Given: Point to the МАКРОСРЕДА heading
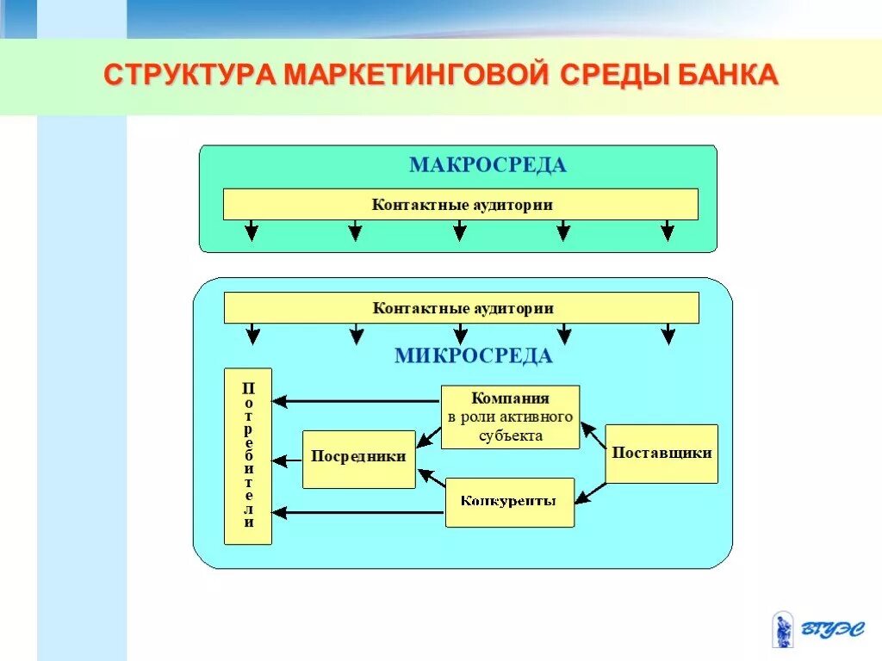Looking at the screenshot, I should click(488, 165).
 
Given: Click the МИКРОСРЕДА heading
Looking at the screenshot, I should click(474, 355).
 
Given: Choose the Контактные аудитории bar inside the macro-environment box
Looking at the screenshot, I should click(461, 205).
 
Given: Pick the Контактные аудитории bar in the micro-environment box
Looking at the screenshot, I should click(462, 308).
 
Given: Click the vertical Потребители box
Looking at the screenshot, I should click(248, 456).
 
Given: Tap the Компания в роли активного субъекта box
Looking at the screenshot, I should click(510, 417).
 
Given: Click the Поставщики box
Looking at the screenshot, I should click(661, 453).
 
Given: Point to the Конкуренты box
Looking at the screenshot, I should click(509, 502).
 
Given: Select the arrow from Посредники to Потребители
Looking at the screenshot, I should click(288, 460).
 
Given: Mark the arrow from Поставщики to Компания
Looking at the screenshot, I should click(593, 435).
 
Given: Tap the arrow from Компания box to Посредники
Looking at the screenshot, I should click(428, 438).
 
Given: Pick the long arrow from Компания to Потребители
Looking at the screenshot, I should click(357, 401).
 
